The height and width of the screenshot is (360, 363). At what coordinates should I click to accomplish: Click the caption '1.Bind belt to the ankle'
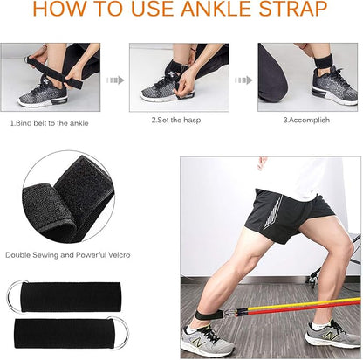coord(51,123)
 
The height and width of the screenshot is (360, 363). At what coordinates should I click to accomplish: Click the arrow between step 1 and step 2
coord(114,80)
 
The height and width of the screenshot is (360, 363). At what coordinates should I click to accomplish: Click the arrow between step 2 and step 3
coord(243,80)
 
